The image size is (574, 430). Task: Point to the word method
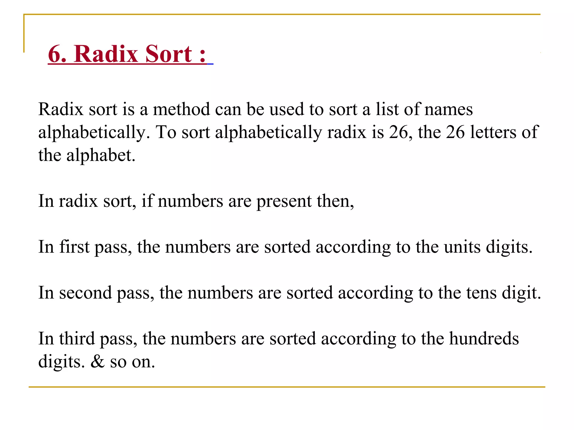[181, 109]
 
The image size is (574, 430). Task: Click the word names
[448, 109]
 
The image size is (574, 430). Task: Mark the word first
[75, 247]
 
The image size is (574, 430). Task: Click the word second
[85, 293]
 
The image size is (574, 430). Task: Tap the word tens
[482, 293]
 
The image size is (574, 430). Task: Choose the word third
[77, 339]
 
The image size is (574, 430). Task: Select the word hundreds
[484, 339]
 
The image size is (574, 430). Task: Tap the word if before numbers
[147, 201]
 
